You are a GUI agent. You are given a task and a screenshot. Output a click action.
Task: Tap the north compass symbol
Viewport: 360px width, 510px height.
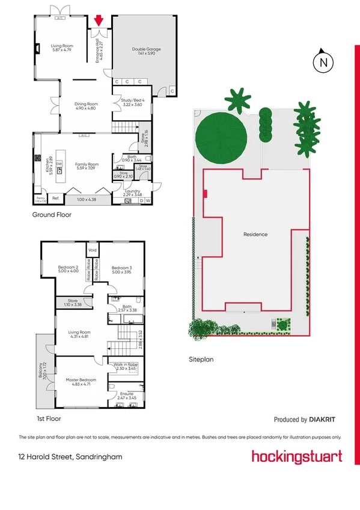click(323, 60)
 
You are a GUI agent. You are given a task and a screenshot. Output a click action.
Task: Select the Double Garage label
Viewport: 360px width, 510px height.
click(146, 49)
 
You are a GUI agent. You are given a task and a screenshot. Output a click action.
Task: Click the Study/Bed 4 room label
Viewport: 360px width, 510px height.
click(132, 102)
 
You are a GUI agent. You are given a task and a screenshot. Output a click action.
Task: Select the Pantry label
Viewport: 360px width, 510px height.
click(40, 198)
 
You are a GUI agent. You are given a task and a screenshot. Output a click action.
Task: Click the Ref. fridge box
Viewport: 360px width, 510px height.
click(55, 198)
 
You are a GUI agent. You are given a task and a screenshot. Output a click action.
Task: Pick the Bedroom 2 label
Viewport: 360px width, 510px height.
click(69, 267)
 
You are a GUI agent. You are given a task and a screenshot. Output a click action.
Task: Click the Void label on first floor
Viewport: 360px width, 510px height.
click(93, 250)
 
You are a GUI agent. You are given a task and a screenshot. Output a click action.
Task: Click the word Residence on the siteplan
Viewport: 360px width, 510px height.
click(255, 235)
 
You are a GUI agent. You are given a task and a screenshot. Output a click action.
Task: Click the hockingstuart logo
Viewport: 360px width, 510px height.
click(297, 456)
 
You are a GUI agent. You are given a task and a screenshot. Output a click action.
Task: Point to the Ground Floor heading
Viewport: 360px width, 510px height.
click(52, 215)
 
